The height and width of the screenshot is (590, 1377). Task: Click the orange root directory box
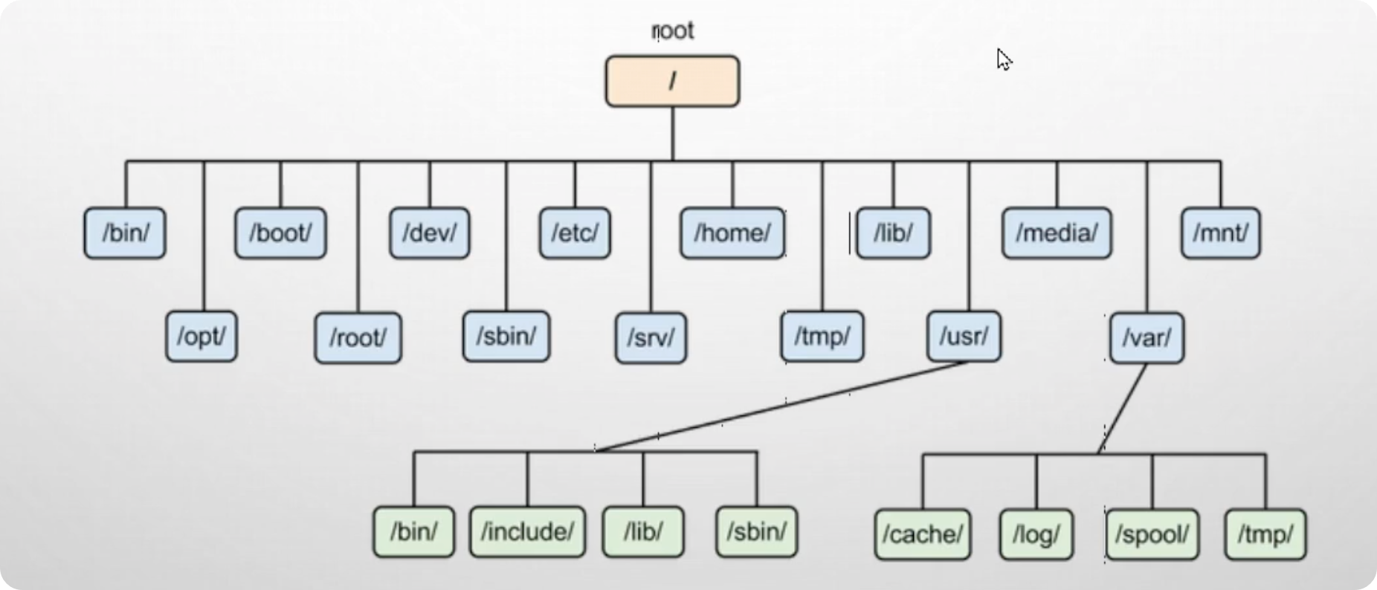[672, 81]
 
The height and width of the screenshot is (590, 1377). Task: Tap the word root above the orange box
[672, 30]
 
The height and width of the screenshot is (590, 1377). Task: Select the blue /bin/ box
[125, 233]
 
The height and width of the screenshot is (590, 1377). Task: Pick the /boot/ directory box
[280, 233]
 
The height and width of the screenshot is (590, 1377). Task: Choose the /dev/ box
[429, 233]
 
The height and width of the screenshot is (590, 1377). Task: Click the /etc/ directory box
[575, 233]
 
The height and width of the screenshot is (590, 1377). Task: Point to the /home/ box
[732, 233]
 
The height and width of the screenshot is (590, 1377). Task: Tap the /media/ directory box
[1057, 233]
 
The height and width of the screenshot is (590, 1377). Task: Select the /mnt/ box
[1220, 233]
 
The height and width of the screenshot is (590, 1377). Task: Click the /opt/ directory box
[201, 337]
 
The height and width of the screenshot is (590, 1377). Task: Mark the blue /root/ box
[358, 338]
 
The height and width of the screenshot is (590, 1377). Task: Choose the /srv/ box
[651, 338]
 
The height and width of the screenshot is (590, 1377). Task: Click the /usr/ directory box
[964, 337]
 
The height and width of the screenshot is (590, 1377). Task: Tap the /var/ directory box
[1147, 338]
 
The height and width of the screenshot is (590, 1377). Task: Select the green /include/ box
[527, 532]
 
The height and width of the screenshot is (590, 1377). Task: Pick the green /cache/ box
[923, 534]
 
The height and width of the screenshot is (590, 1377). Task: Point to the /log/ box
[1036, 534]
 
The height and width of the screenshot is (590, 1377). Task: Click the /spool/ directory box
[1152, 534]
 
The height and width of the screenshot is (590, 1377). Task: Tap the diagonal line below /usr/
[781, 406]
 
